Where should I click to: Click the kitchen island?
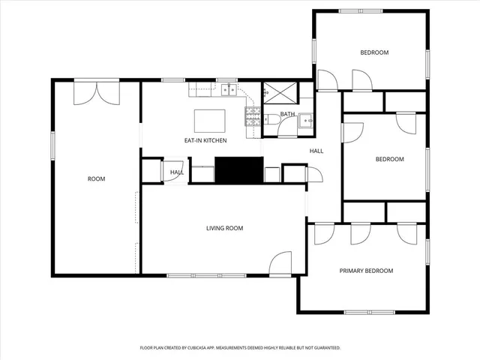[209, 121]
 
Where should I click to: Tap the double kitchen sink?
[229, 91]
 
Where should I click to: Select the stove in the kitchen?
[252, 115]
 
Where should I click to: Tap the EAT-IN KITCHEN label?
[205, 140]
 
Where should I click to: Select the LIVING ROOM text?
[225, 228]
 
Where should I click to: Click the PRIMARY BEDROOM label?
[366, 271]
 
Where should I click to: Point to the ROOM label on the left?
[96, 178]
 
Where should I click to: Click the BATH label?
[287, 114]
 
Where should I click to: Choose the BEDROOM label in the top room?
[374, 52]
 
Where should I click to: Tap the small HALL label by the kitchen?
[177, 172]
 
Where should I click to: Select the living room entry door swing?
[280, 262]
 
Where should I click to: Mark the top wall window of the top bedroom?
[360, 10]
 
